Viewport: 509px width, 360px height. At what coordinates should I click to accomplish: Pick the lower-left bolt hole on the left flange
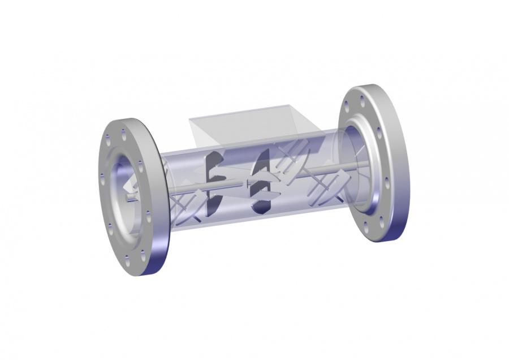pyautogui.click(x=111, y=226)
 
